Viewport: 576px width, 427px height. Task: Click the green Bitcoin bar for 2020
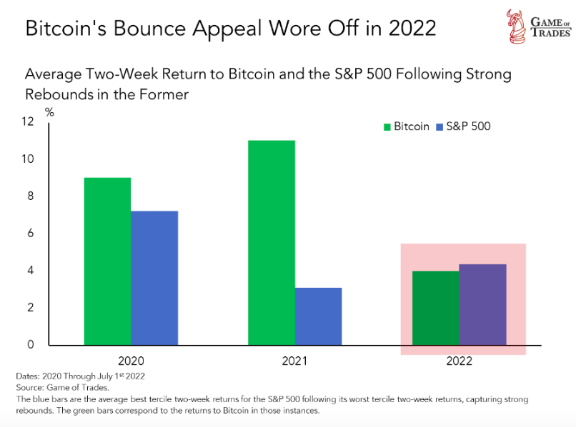click(x=107, y=261)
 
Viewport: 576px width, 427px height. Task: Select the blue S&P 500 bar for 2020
click(x=154, y=278)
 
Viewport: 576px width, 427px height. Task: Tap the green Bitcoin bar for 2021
click(x=272, y=243)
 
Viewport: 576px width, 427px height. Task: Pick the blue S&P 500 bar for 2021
click(x=318, y=316)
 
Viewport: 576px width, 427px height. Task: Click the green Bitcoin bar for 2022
click(x=435, y=308)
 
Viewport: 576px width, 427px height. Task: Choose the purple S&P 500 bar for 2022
click(x=482, y=304)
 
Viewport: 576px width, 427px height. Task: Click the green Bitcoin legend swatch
click(x=387, y=127)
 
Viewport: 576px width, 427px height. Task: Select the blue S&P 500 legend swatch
click(x=440, y=127)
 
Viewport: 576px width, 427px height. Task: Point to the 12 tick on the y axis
click(x=29, y=122)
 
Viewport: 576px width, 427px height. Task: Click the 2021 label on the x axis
click(x=294, y=361)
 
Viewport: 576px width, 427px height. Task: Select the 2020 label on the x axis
click(x=131, y=361)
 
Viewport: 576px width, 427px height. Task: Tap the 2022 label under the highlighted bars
click(x=459, y=361)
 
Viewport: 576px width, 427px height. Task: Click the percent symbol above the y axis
click(x=49, y=111)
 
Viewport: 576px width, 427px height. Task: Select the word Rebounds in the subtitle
click(x=56, y=94)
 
